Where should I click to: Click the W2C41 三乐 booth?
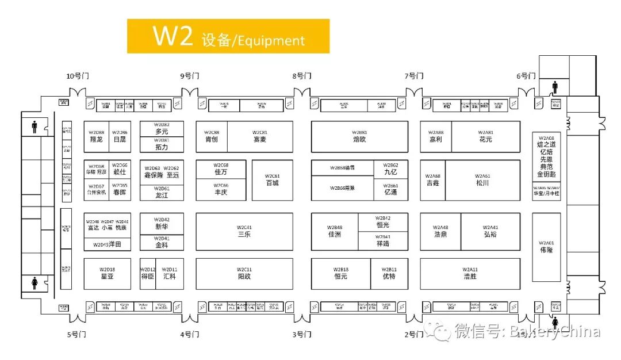pos(244,231)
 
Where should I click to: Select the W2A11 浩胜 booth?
pos(470,273)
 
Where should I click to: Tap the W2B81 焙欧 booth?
pos(359,136)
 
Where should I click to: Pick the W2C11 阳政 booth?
pos(244,273)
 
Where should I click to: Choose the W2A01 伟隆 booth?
pos(546,247)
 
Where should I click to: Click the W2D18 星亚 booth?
pos(107,273)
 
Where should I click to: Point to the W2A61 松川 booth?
pos(482,180)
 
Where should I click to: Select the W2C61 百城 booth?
pos(272,180)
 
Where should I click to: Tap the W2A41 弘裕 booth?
pos(490,231)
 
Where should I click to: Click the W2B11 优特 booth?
pos(389,273)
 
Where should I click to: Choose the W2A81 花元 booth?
pos(485,136)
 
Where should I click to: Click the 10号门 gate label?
pos(78,76)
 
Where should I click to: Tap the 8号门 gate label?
pos(302,76)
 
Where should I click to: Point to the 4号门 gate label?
pos(190,334)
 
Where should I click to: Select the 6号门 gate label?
pos(526,76)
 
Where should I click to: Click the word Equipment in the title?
pos(270,41)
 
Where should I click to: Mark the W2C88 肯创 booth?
pos(211,136)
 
